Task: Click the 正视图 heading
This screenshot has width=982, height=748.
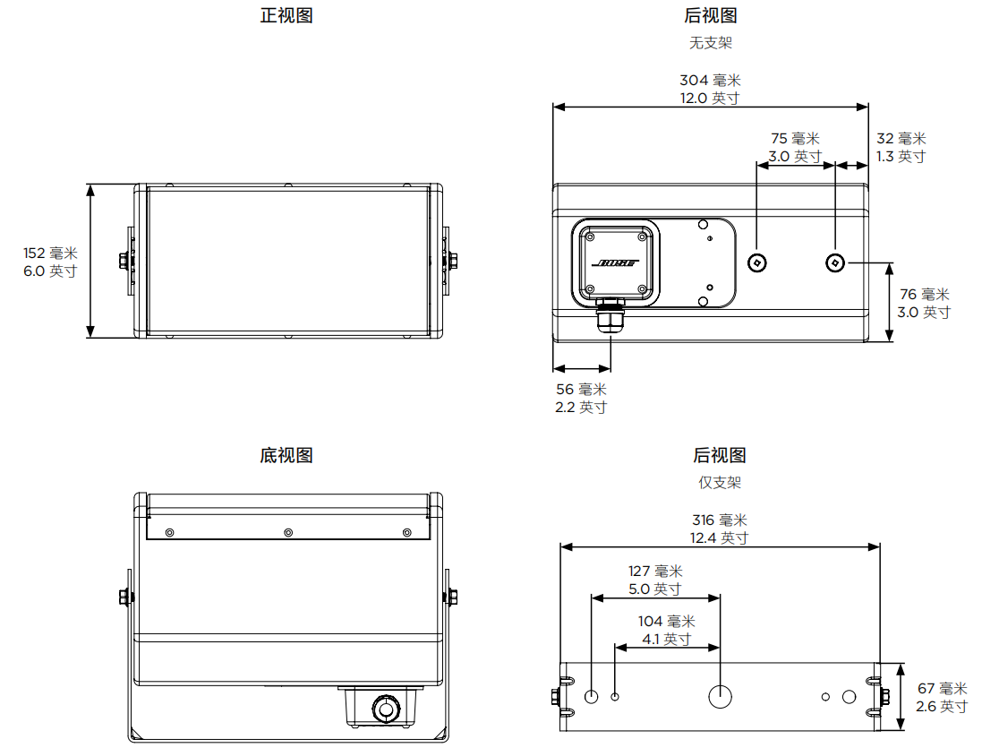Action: click(x=286, y=15)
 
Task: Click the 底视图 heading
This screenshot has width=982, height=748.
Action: click(x=286, y=456)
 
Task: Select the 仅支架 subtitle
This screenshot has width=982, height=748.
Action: click(x=720, y=483)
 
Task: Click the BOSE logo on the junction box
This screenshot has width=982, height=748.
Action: click(x=615, y=263)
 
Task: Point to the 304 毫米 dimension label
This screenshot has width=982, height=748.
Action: click(x=710, y=81)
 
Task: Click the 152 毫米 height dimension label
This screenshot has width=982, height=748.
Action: click(x=50, y=254)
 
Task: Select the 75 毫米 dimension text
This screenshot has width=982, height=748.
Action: click(x=795, y=139)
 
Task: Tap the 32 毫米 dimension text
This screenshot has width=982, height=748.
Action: click(x=901, y=139)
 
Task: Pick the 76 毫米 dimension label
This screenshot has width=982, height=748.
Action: click(x=924, y=295)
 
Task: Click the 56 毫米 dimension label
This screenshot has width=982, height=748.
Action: click(x=581, y=390)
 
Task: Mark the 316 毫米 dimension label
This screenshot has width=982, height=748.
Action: click(x=719, y=520)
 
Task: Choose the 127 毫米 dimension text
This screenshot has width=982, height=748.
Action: click(x=655, y=572)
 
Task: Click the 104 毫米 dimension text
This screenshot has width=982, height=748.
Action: click(x=666, y=622)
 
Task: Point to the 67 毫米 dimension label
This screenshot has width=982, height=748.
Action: click(x=943, y=689)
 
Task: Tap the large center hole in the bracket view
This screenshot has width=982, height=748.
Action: click(x=721, y=696)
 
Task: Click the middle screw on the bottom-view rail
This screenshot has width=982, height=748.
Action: click(x=288, y=533)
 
